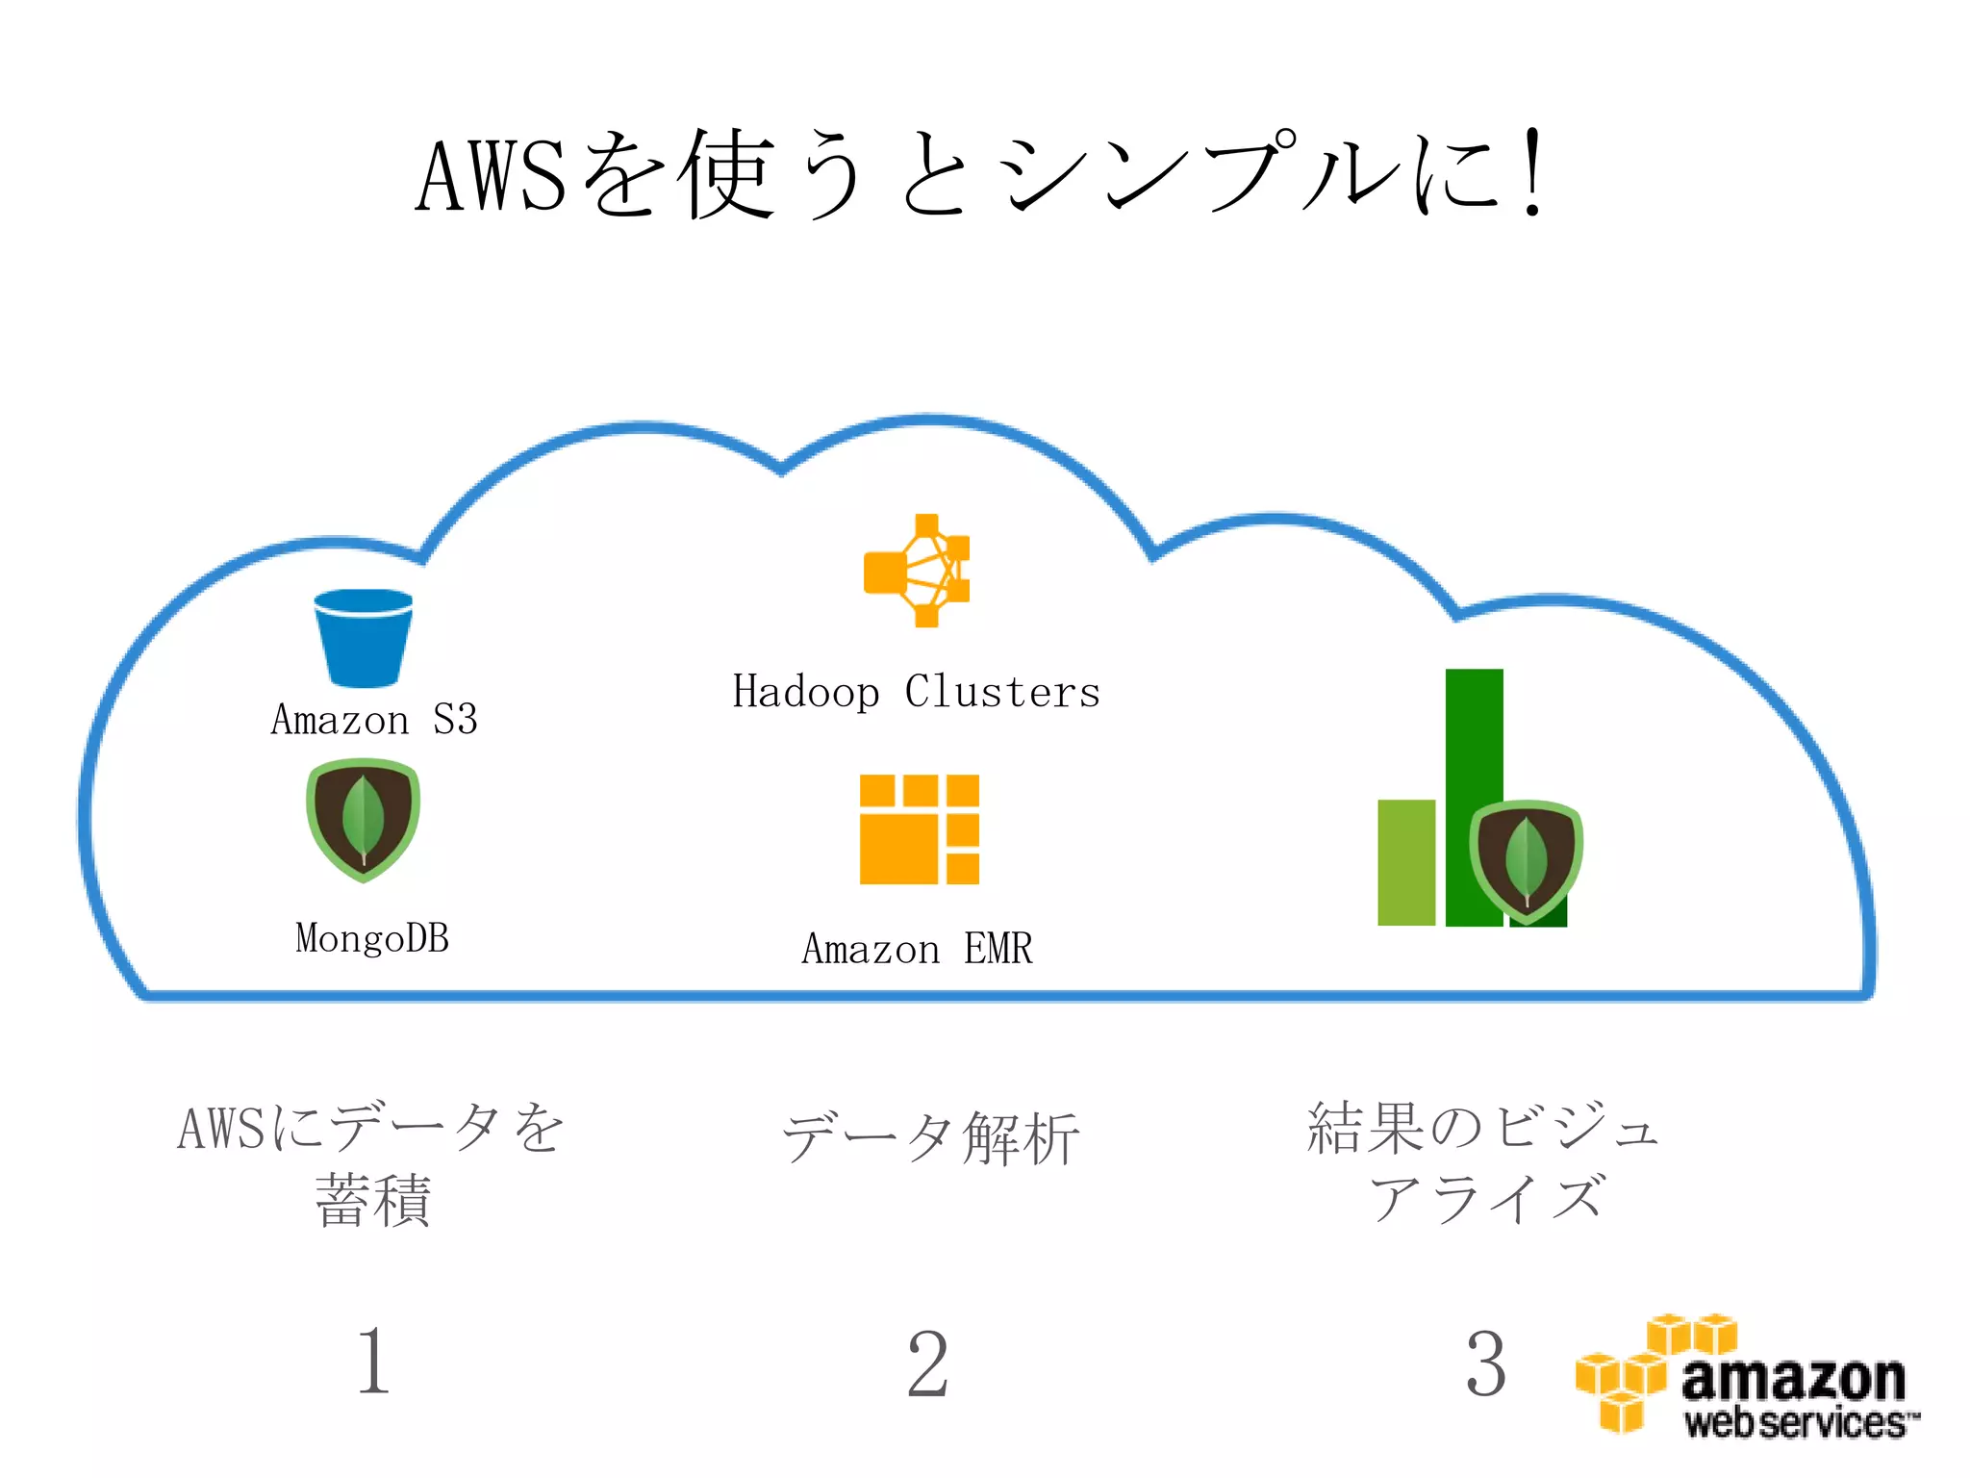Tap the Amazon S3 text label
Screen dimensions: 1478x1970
(374, 720)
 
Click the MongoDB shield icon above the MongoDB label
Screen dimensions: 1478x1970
(363, 820)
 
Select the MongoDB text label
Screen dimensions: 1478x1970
(372, 938)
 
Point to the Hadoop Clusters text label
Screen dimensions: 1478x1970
(916, 692)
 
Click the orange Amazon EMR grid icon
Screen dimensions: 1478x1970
(919, 828)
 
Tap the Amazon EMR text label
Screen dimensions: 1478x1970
(917, 949)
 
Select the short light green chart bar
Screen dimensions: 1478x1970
(1405, 862)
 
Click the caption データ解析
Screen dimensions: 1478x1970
(930, 1138)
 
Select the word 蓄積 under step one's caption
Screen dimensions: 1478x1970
(373, 1201)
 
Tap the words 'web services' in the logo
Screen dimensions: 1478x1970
(1795, 1421)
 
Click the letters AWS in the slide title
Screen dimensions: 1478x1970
(492, 176)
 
